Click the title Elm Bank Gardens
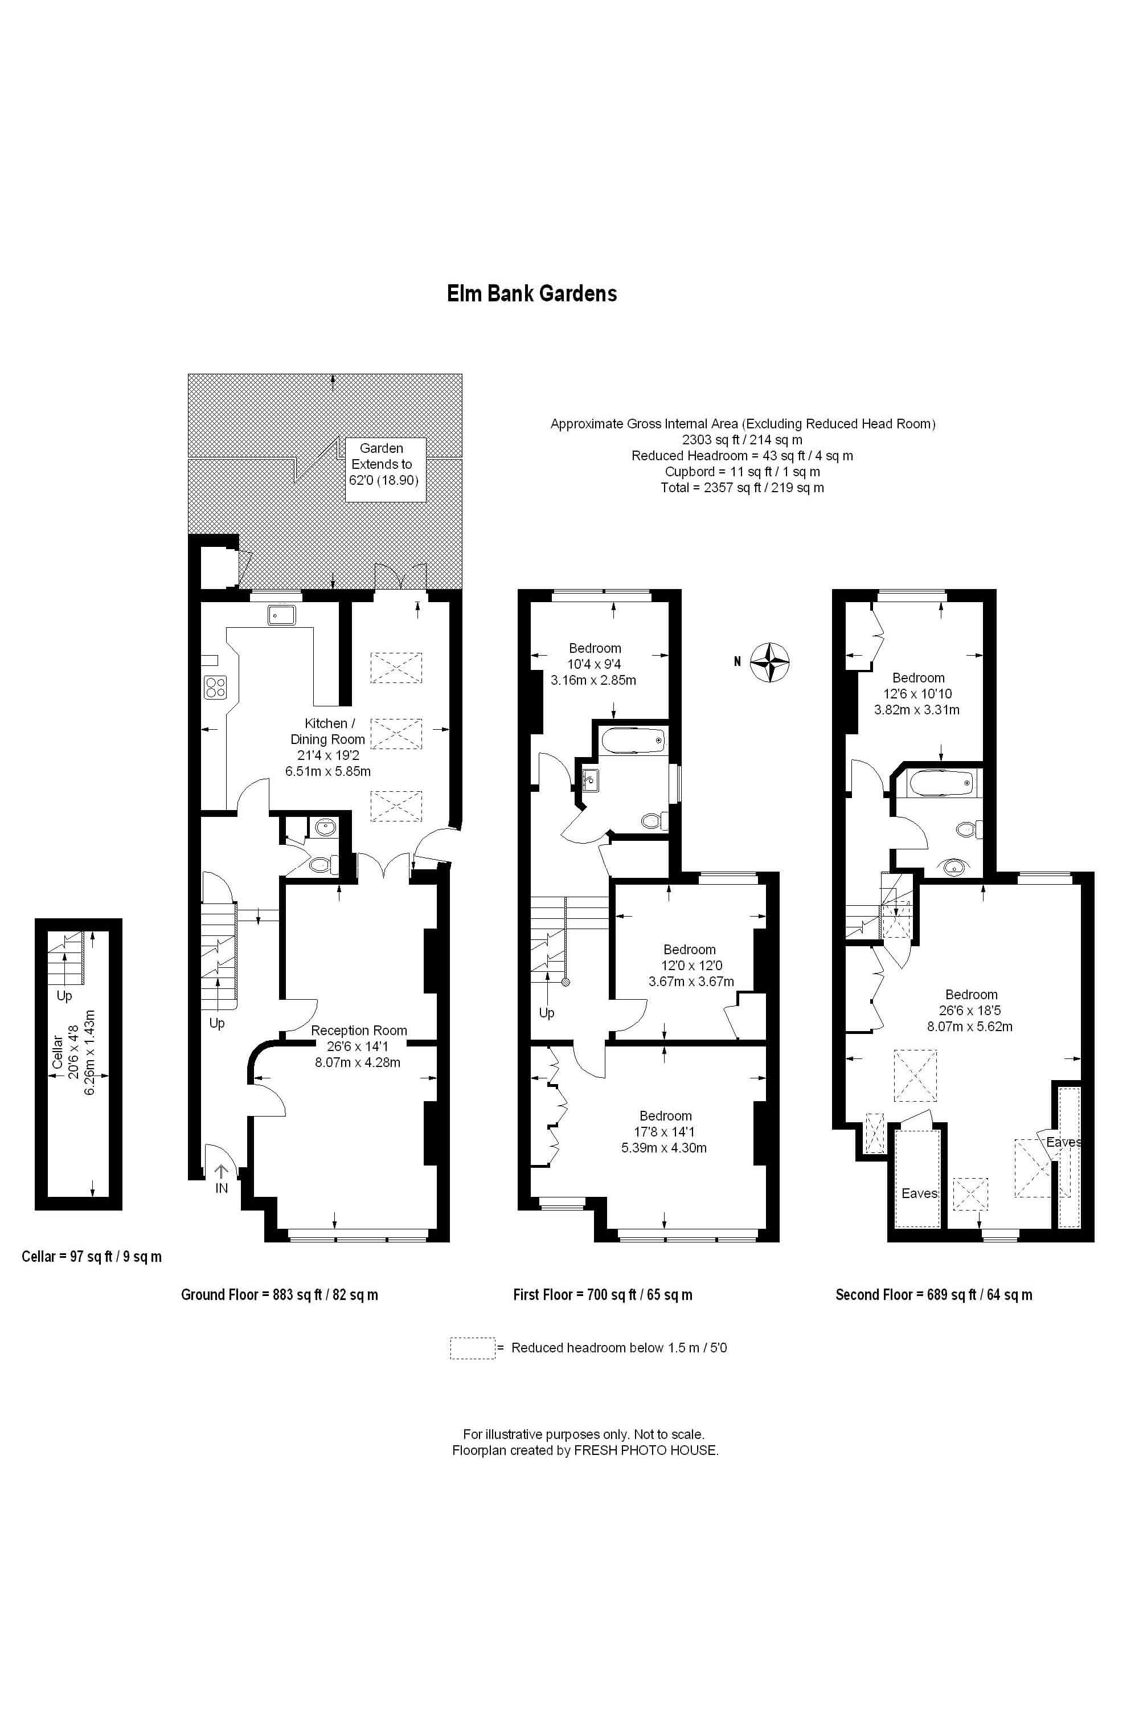[532, 293]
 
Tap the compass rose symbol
[769, 661]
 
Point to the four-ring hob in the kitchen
[216, 686]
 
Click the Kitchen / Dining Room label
[329, 746]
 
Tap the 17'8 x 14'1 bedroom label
[665, 1131]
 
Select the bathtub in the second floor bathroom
[941, 783]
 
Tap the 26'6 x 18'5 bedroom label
[970, 1010]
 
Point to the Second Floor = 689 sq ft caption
[933, 1294]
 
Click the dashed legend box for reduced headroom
[472, 1348]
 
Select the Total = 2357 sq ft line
[741, 488]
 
